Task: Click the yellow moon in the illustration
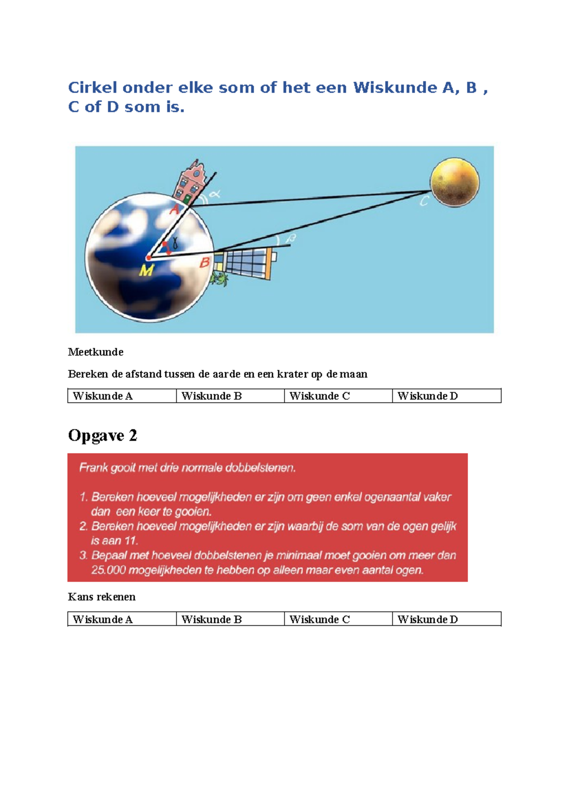point(454,183)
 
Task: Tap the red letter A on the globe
point(174,209)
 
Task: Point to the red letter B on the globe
point(204,262)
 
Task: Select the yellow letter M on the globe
point(147,270)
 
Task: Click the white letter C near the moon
point(424,201)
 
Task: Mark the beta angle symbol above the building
point(291,238)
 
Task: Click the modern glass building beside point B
point(247,264)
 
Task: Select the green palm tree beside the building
point(219,279)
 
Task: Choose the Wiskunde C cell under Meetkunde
point(338,396)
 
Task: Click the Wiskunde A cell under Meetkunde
point(122,396)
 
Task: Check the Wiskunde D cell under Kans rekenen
point(446,619)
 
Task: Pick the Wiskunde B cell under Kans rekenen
point(230,619)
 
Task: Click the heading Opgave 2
point(102,435)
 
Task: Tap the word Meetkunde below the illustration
point(95,352)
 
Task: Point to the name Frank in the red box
point(93,468)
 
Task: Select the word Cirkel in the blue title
point(93,87)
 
